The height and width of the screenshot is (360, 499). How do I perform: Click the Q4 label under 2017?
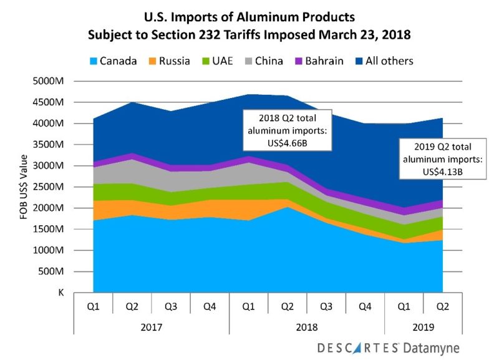click(x=210, y=306)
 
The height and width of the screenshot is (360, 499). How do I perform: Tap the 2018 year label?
click(x=306, y=327)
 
